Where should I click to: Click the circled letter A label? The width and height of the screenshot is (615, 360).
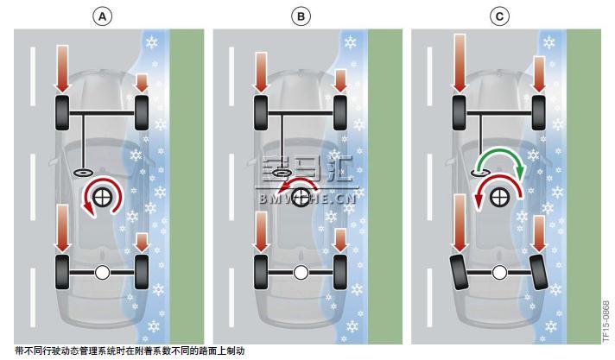[x=102, y=17]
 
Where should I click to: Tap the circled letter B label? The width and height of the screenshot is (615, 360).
[x=301, y=17]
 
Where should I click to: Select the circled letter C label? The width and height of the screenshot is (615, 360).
[x=499, y=17]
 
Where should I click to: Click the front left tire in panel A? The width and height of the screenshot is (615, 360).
[x=62, y=112]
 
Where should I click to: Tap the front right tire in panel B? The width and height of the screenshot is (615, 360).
[x=340, y=112]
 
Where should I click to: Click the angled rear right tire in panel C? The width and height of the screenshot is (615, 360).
[x=539, y=272]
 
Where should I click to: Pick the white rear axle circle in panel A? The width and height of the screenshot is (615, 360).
[x=103, y=272]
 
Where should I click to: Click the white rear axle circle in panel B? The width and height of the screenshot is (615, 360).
[x=301, y=272]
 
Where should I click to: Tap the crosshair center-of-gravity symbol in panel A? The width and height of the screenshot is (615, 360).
[x=103, y=197]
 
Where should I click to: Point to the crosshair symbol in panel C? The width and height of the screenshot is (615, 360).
[x=499, y=197]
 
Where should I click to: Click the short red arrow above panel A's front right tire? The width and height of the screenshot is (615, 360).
[x=142, y=83]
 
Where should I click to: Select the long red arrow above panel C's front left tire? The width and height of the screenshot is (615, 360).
[x=460, y=64]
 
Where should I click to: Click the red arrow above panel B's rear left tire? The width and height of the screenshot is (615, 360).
[x=262, y=231]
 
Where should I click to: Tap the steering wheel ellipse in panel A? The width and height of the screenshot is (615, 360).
[x=84, y=172]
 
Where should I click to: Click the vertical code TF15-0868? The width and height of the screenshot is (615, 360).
[x=606, y=321]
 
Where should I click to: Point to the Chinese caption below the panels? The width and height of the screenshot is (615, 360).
[x=130, y=351]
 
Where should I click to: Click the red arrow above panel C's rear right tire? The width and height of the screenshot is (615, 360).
[x=540, y=234]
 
